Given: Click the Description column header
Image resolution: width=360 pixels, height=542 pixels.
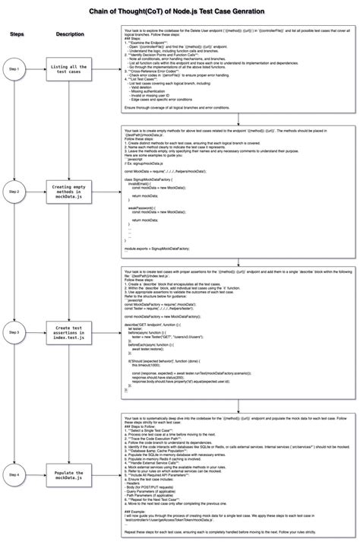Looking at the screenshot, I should (70, 34).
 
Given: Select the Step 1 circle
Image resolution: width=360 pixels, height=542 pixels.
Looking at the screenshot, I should (14, 69).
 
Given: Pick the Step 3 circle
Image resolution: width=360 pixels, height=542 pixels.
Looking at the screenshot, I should (14, 332).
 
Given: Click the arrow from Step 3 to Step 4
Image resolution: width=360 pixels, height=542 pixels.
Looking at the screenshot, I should (14, 403).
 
